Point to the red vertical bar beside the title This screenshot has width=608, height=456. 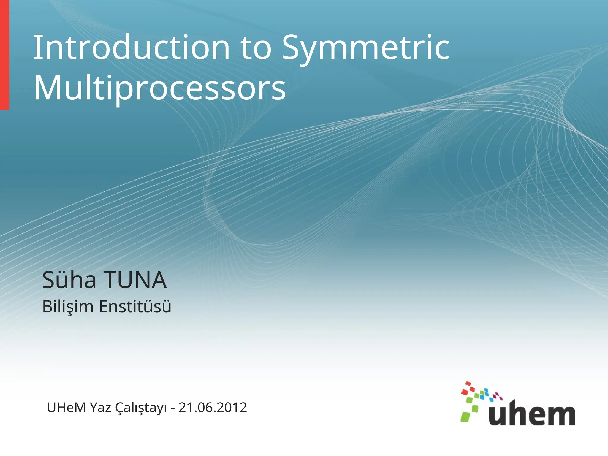[x=4, y=55]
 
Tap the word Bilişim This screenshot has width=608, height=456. [x=68, y=307]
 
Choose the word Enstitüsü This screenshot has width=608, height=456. [x=135, y=306]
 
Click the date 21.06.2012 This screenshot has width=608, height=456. [x=213, y=408]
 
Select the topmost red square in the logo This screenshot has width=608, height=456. [x=468, y=383]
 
